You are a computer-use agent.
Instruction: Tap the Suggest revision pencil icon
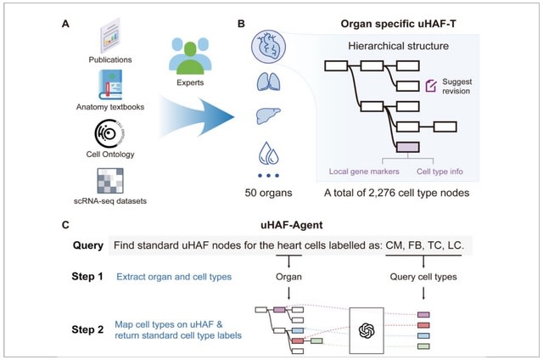(x=430, y=85)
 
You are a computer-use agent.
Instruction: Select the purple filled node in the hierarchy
(x=407, y=148)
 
